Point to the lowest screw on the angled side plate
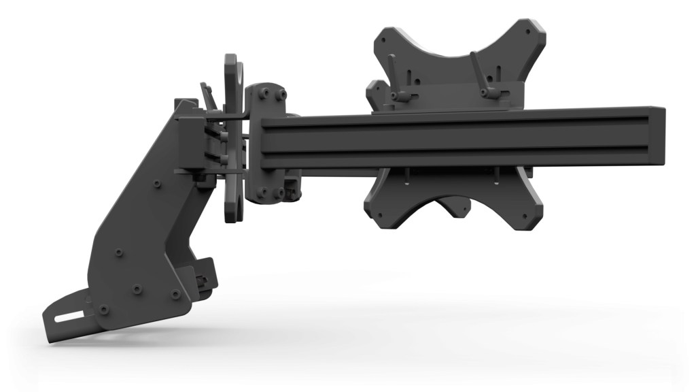pyautogui.click(x=103, y=310)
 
